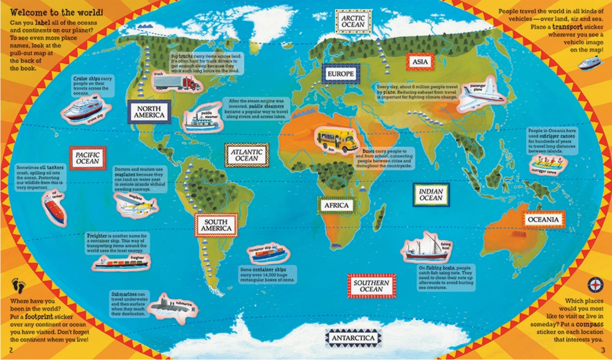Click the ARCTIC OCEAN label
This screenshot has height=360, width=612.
(x=353, y=21)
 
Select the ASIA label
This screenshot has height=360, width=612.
(x=420, y=62)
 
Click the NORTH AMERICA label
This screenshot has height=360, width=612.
(x=149, y=112)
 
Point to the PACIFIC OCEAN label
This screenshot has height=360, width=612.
(x=88, y=158)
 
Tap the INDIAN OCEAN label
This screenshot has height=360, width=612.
(x=431, y=195)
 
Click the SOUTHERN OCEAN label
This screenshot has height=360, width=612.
(x=372, y=286)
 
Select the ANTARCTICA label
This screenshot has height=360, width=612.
(x=353, y=337)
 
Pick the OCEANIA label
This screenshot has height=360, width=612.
(x=543, y=220)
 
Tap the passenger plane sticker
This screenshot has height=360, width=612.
(x=481, y=95)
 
